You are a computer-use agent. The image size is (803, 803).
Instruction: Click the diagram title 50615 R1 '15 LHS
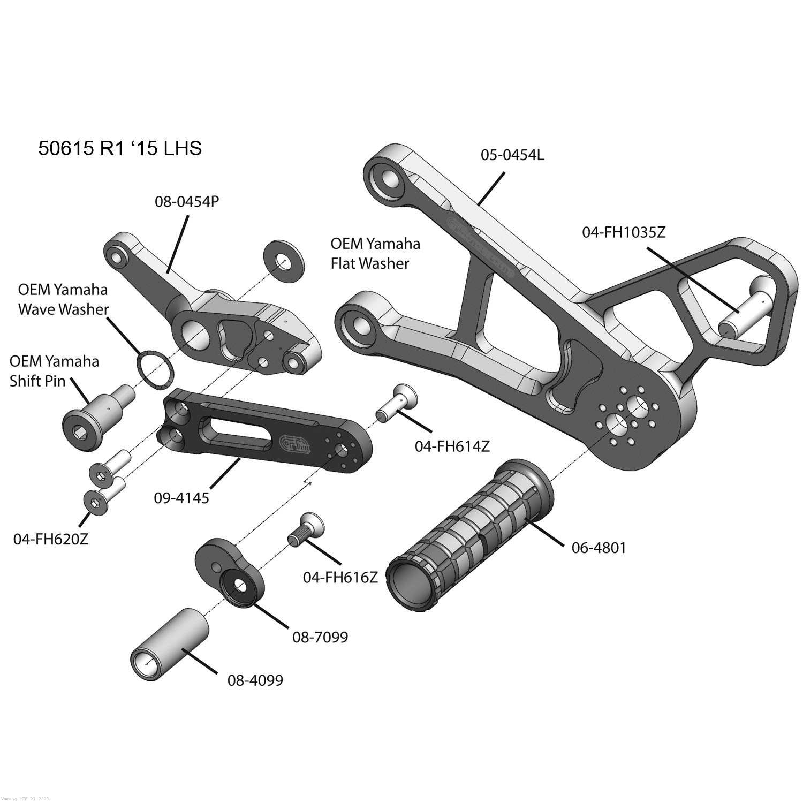pyautogui.click(x=120, y=148)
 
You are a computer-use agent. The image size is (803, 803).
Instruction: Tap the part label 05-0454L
pyautogui.click(x=512, y=155)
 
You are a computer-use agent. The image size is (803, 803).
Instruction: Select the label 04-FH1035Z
pyautogui.click(x=623, y=232)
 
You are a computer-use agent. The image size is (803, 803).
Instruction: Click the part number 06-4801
pyautogui.click(x=598, y=548)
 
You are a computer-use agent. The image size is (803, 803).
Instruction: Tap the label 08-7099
pyautogui.click(x=320, y=637)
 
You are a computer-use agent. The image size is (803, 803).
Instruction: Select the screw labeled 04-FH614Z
pyautogui.click(x=397, y=403)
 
